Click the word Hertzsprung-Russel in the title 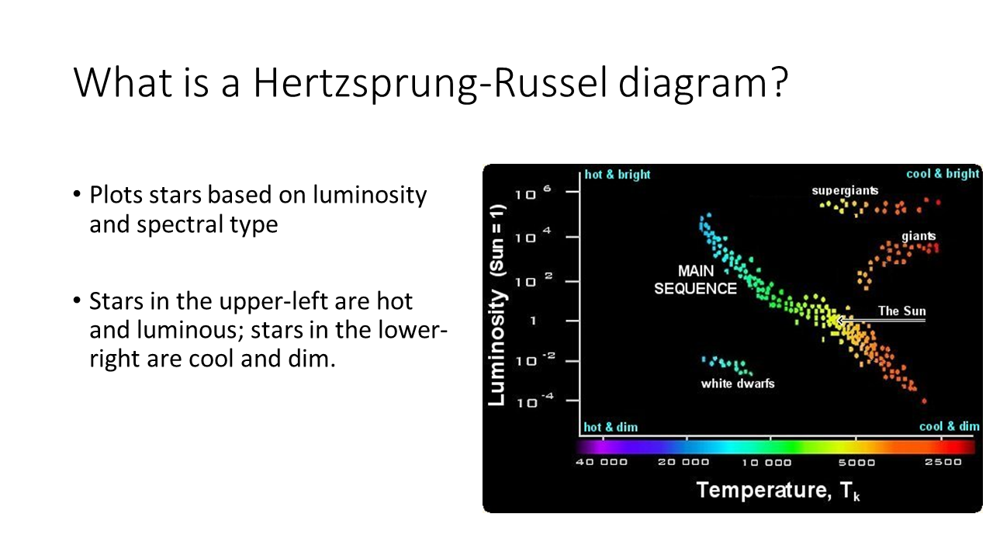click(x=430, y=83)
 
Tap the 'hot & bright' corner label click(x=618, y=175)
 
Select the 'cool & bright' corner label click(x=943, y=173)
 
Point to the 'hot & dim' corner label click(x=611, y=427)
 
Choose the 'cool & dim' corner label click(x=949, y=426)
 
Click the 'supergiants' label click(x=845, y=191)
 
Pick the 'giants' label click(x=919, y=236)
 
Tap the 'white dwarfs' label click(x=738, y=384)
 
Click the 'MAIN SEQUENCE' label click(x=696, y=280)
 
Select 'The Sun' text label click(x=902, y=311)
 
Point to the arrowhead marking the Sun click(x=839, y=320)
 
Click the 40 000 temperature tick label click(x=601, y=462)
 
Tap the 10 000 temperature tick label click(x=767, y=463)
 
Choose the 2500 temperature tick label click(x=943, y=462)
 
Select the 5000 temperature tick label click(x=856, y=463)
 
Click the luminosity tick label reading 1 click(x=533, y=321)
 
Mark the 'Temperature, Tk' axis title click(x=778, y=491)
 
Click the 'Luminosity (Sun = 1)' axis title click(x=497, y=305)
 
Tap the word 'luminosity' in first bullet click(x=370, y=195)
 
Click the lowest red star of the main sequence click(x=924, y=401)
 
